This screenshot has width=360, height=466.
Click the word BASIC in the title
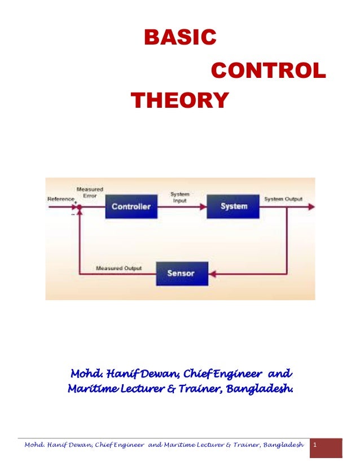[180, 38]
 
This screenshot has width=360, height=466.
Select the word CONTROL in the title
[268, 71]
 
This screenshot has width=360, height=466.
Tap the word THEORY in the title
[179, 101]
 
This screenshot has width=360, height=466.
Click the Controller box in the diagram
[131, 206]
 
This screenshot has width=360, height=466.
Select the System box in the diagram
[234, 206]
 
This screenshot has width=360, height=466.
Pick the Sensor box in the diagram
[181, 273]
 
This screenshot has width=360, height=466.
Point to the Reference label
[60, 199]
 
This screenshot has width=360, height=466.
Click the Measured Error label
[89, 192]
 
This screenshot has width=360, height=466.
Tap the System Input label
[179, 197]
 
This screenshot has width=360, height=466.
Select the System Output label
[283, 199]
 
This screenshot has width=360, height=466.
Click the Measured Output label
[119, 268]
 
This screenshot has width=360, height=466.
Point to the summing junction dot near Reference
[80, 207]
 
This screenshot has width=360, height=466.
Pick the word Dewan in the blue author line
[161, 374]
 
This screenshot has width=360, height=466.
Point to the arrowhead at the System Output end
[310, 207]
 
